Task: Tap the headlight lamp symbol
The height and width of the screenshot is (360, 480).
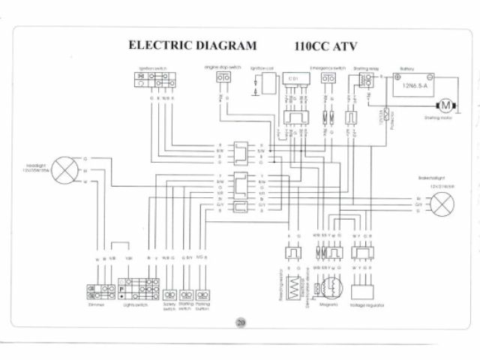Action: pyautogui.click(x=65, y=169)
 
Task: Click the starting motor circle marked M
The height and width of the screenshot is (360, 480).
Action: pyautogui.click(x=442, y=104)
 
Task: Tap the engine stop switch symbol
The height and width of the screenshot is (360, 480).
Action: pyautogui.click(x=223, y=77)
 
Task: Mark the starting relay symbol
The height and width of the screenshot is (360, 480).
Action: pyautogui.click(x=367, y=82)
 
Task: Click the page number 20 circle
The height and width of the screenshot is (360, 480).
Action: pyautogui.click(x=240, y=324)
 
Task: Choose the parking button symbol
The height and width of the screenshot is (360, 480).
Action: pyautogui.click(x=202, y=295)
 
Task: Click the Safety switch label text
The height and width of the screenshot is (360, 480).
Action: pyautogui.click(x=169, y=307)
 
